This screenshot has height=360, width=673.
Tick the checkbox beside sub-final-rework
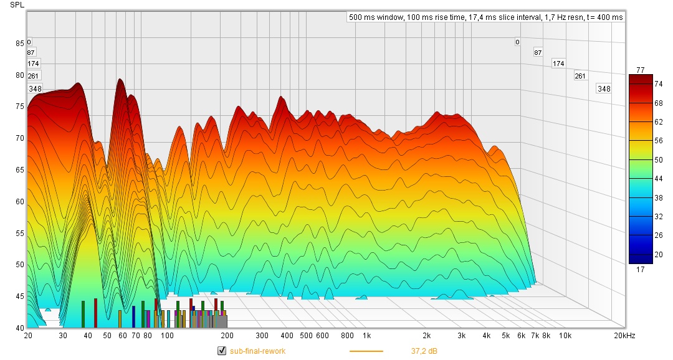(x=221, y=351)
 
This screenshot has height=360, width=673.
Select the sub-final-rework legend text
(x=257, y=351)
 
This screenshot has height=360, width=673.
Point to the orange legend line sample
(x=366, y=351)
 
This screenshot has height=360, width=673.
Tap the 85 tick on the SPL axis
(x=20, y=44)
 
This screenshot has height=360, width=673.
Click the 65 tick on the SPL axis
(x=20, y=170)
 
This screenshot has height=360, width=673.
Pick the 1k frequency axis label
(x=367, y=336)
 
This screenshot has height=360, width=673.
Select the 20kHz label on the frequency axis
(x=624, y=336)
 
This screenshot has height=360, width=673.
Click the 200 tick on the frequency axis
(x=227, y=336)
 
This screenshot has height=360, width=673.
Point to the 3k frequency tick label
(x=462, y=336)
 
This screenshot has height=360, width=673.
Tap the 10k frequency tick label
(x=565, y=336)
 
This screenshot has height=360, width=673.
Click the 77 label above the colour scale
(x=641, y=69)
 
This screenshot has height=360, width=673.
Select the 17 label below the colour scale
(x=641, y=270)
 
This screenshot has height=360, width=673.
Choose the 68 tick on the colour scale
(x=641, y=103)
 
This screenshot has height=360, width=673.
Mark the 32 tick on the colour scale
(x=641, y=217)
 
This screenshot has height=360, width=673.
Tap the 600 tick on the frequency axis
(x=322, y=336)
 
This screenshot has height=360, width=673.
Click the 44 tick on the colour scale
(x=641, y=179)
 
